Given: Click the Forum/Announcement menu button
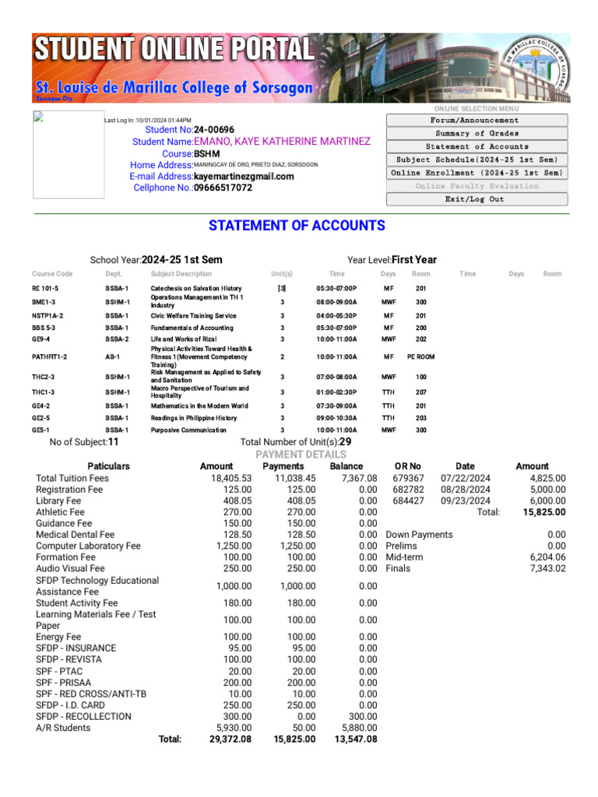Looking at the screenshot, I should pos(474,121).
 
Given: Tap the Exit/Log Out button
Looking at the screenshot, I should pos(474,199).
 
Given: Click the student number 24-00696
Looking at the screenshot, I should pos(214,130).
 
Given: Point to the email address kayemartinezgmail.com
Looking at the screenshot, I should pos(244,177).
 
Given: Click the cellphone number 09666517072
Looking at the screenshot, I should pos(223,188).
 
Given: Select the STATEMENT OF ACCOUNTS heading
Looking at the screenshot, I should pos(297,226).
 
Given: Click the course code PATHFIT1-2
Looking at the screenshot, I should pos(49,357).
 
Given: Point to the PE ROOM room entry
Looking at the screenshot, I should pos(420,357).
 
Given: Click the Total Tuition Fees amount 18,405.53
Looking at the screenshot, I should pos(231,479).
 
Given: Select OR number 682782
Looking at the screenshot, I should pos(409,490).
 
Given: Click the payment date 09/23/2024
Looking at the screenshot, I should pos(465,501).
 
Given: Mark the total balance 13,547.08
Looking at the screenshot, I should pos(355,739).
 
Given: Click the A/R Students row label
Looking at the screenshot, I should pos(63,729).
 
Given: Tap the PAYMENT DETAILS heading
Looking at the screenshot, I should pos(301,455).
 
